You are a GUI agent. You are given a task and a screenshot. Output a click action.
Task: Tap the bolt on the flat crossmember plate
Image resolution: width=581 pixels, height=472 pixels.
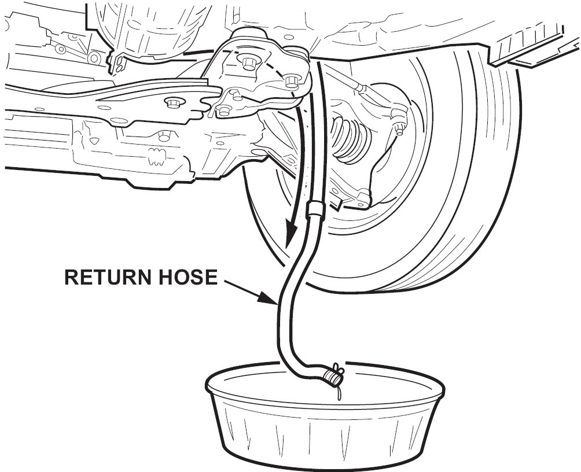click(172, 103)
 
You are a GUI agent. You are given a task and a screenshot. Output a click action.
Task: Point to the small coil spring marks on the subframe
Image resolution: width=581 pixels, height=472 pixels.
click(155, 155)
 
